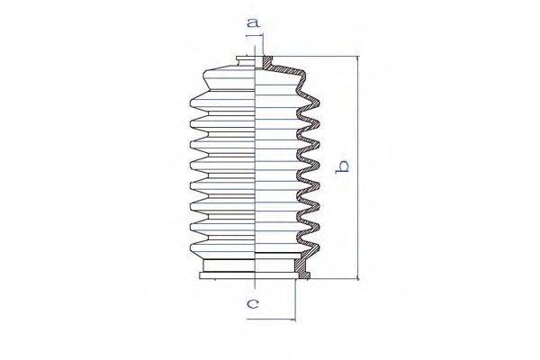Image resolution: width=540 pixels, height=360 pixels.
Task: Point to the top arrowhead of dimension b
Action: (x=358, y=58)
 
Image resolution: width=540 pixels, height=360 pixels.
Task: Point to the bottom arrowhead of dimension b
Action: (x=358, y=277)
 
